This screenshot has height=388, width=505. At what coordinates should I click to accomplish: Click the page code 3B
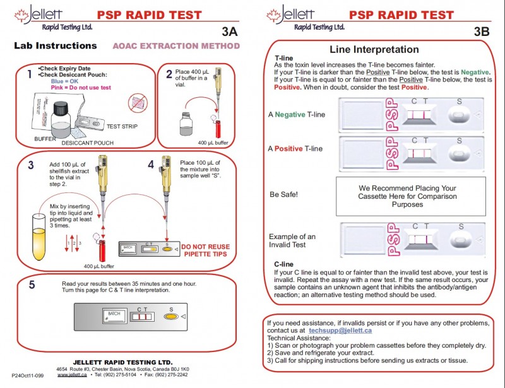[481, 32]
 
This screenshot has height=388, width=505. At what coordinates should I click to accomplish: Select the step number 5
[32, 285]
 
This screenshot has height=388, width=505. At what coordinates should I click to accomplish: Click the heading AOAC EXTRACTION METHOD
[176, 46]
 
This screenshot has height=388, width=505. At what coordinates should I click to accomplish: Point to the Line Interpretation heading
[374, 50]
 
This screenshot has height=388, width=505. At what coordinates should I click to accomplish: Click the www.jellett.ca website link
[71, 375]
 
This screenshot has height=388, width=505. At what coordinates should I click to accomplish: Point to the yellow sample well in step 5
[170, 317]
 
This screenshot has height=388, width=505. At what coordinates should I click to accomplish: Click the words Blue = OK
[65, 81]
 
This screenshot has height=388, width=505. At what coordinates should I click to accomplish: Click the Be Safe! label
[284, 194]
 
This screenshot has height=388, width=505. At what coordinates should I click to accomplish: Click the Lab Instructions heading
[56, 46]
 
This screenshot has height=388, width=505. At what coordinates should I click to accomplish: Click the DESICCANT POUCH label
[88, 143]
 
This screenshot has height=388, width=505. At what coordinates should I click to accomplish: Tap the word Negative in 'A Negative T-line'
[290, 114]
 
